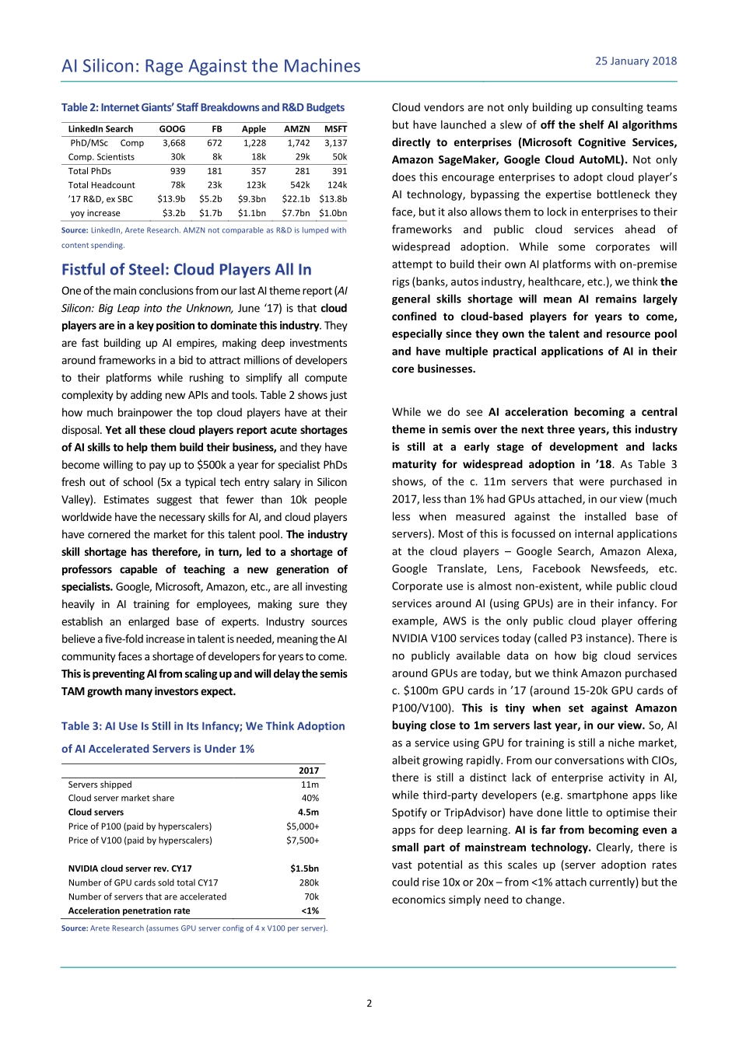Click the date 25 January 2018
(x=636, y=61)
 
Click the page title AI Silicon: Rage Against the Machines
(x=211, y=67)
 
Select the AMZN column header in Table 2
(x=296, y=129)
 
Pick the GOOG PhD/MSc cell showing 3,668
(x=173, y=143)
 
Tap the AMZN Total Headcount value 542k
(x=299, y=185)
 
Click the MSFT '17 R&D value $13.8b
(x=333, y=199)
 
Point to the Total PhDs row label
(x=89, y=171)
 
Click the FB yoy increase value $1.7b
(x=210, y=213)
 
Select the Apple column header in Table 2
(x=254, y=129)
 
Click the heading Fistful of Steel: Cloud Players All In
(x=187, y=270)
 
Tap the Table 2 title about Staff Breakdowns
(x=203, y=108)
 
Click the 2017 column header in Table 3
(x=309, y=771)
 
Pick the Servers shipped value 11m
(x=310, y=785)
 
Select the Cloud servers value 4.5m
(x=308, y=813)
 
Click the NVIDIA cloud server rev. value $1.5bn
(x=304, y=869)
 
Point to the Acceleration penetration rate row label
(x=129, y=910)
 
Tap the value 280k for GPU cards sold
(x=309, y=882)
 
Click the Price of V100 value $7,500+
(x=303, y=841)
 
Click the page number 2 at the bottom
(x=369, y=1004)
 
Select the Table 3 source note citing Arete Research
(x=194, y=928)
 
